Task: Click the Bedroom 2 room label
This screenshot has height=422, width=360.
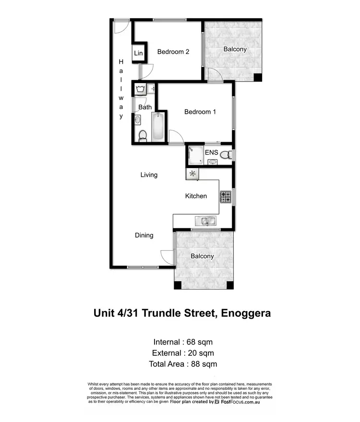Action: [173, 52]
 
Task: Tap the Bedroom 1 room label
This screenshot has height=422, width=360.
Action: [200, 112]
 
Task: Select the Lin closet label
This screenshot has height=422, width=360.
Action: [138, 53]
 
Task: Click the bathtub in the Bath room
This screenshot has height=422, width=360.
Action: [158, 127]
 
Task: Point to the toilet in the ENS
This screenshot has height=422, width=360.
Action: [228, 154]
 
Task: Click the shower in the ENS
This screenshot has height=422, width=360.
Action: [195, 155]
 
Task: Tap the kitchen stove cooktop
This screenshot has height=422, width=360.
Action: [226, 196]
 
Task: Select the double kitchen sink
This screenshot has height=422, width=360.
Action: [205, 220]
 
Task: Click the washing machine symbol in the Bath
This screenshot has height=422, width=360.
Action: [141, 89]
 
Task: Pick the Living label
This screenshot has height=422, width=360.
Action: [149, 175]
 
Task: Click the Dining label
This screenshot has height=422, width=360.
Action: [144, 235]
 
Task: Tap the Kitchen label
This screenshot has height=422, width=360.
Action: [196, 196]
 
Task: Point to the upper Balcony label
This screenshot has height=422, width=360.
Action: [235, 49]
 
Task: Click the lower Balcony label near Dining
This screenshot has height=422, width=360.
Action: [202, 256]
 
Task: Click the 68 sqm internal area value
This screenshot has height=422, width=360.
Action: [197, 342]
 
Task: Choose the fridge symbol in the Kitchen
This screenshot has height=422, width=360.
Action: [192, 174]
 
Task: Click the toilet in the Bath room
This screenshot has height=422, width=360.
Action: [142, 137]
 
